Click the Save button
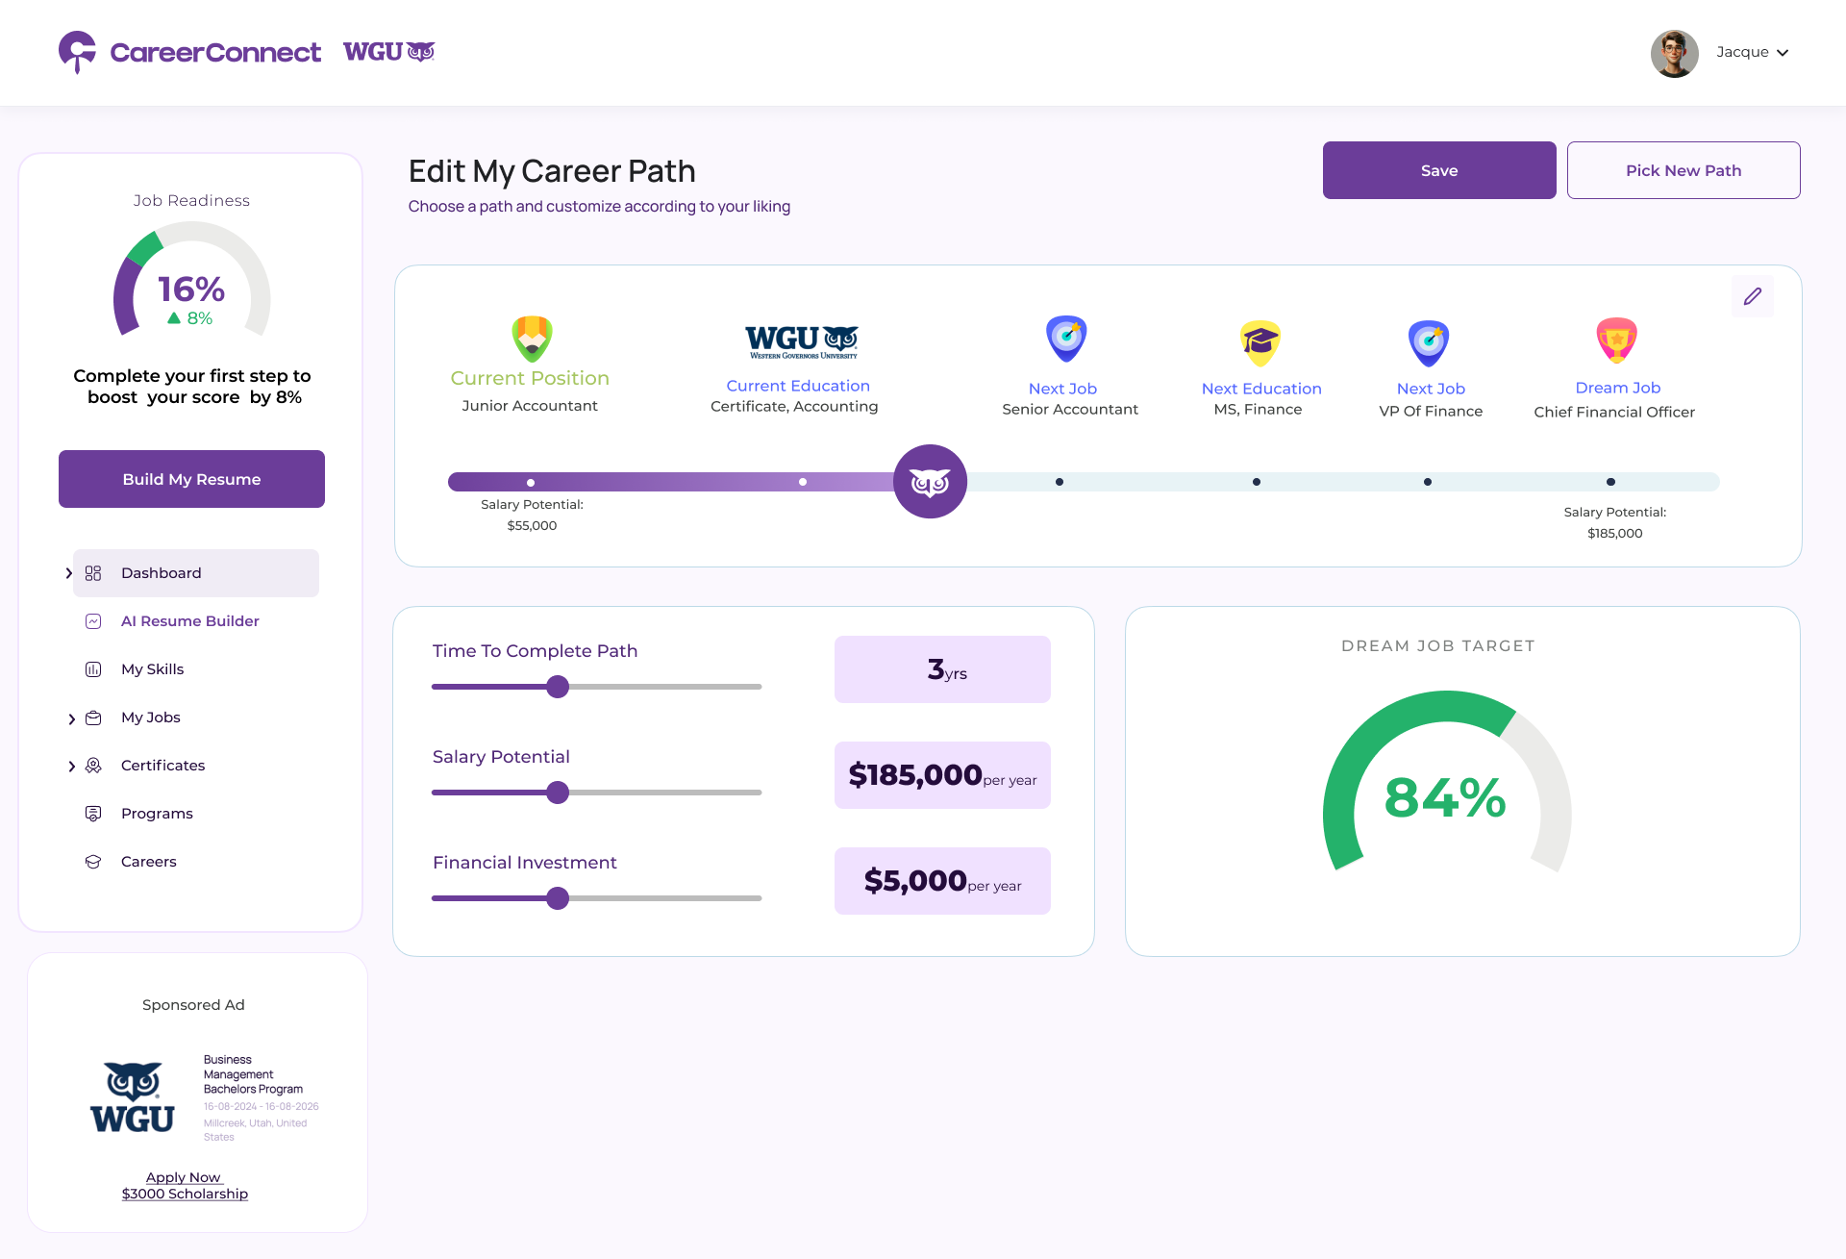pos(1438,170)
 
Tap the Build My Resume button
pos(191,479)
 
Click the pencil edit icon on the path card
pos(1752,296)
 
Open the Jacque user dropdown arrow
pos(1783,53)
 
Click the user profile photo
pos(1674,53)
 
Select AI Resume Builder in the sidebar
pos(189,621)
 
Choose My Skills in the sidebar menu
pos(152,669)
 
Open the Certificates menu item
pos(162,766)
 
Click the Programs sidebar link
pos(157,814)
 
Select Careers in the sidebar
pos(148,862)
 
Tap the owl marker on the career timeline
pos(930,482)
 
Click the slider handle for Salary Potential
pos(558,793)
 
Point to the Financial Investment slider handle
pos(558,898)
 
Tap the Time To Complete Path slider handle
pos(558,687)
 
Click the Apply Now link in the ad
pos(184,1177)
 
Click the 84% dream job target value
pos(1444,798)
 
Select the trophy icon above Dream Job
pos(1616,340)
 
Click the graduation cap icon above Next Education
pos(1260,342)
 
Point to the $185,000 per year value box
pos(942,775)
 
